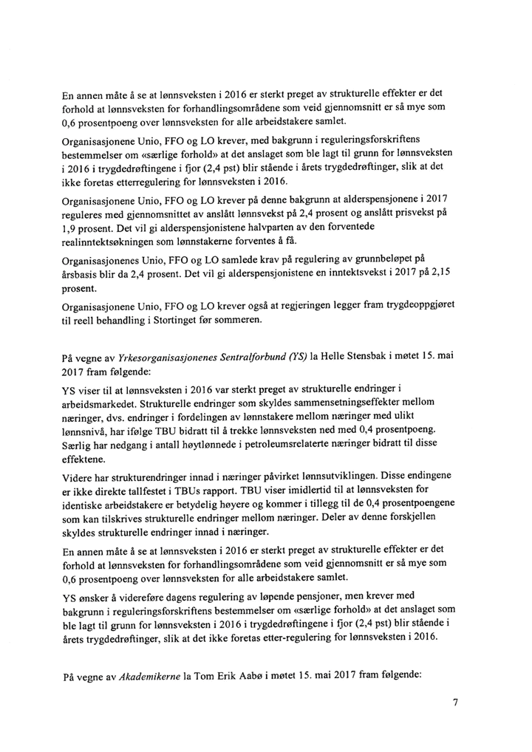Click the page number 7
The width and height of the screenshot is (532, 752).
coord(456,703)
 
